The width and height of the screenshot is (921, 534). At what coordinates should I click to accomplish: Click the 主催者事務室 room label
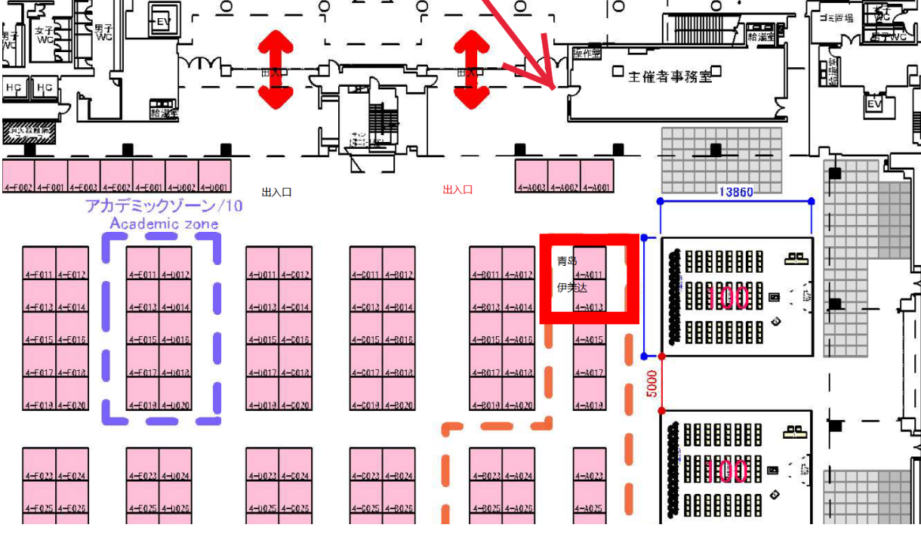pos(670,76)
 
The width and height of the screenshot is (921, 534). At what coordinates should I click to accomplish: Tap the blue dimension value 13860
pos(735,193)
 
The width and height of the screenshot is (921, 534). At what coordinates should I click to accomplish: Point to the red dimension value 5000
pos(653,383)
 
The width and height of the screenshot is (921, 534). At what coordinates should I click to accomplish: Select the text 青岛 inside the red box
pos(567,261)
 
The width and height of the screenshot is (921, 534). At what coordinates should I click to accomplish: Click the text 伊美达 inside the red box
pos(571,288)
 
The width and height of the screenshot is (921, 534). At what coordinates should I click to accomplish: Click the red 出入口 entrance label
pos(457,190)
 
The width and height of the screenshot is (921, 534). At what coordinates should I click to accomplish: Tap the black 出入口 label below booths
pos(276,193)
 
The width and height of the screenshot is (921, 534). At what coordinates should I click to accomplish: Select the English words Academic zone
pos(164,224)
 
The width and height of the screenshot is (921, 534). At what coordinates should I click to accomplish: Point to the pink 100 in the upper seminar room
pos(728,298)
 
